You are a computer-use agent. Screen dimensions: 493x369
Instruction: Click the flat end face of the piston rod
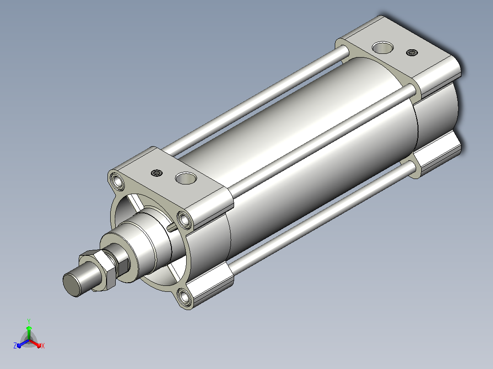[x=72, y=285]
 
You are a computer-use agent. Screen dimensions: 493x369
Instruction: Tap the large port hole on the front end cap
[x=186, y=178]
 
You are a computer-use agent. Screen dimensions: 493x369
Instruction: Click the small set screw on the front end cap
[x=156, y=173]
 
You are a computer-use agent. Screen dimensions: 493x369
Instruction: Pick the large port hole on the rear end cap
[x=383, y=47]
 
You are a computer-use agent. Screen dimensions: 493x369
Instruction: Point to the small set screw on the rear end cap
[x=412, y=53]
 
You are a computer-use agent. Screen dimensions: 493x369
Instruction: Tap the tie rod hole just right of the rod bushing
[x=185, y=219]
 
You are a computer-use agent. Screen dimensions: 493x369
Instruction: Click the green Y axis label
[x=29, y=321]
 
